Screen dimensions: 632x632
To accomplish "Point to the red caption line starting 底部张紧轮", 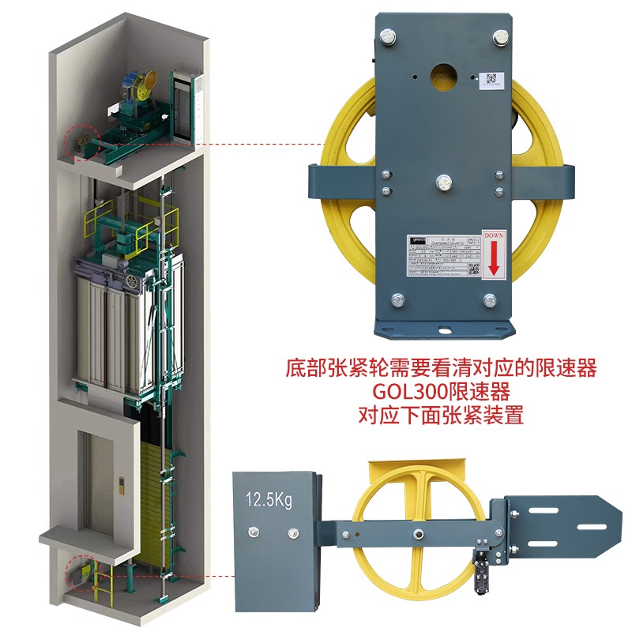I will tap(441, 369).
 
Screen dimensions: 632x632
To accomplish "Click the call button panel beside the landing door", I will tap(120, 484).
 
